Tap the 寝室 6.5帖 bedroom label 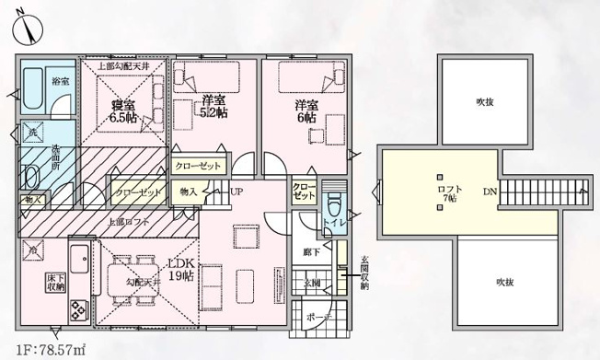pyautogui.click(x=122, y=110)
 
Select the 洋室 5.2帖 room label pyautogui.click(x=213, y=106)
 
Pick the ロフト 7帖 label pyautogui.click(x=450, y=193)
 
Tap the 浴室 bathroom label pyautogui.click(x=61, y=80)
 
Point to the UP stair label pyautogui.click(x=237, y=192)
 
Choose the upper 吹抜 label pyautogui.click(x=484, y=101)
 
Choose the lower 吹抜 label pyautogui.click(x=502, y=281)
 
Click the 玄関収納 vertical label pyautogui.click(x=363, y=273)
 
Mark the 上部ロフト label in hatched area pyautogui.click(x=130, y=222)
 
